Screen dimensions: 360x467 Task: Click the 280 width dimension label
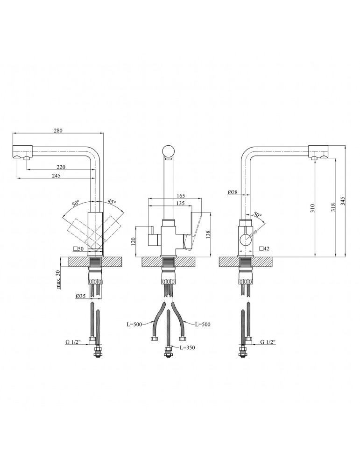[x=58, y=130]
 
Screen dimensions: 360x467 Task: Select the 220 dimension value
[x=60, y=167]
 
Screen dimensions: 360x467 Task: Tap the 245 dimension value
[x=56, y=176]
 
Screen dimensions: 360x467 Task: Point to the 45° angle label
[x=112, y=202]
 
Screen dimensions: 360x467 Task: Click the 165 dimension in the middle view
[x=180, y=196]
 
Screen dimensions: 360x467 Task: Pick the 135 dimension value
[x=180, y=203]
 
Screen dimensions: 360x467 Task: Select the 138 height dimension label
[x=208, y=235]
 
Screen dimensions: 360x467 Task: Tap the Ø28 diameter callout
[x=233, y=192]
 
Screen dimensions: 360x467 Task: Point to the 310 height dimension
[x=312, y=208]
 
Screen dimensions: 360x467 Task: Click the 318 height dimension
[x=333, y=207]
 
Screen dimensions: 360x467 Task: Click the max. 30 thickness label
[x=58, y=279]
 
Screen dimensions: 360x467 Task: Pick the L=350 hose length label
[x=187, y=347]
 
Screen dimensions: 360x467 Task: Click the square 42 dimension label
[x=264, y=248]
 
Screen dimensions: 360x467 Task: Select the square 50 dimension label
[x=78, y=249]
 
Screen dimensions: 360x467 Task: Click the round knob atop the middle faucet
[x=169, y=151]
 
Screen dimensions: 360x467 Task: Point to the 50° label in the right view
[x=258, y=214]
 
